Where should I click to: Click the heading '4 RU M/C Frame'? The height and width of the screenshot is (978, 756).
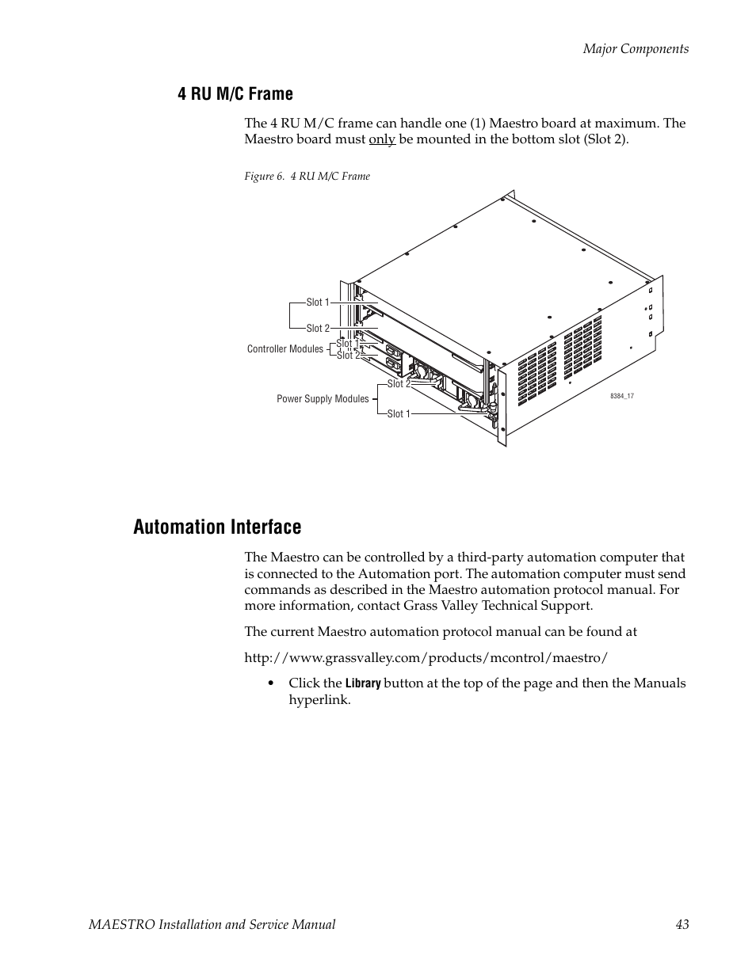[235, 94]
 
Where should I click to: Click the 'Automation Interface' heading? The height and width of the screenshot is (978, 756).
[217, 527]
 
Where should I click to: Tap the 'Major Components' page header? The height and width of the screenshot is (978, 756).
[636, 48]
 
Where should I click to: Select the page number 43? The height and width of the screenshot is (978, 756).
[682, 924]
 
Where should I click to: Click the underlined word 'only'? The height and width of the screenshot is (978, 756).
[382, 139]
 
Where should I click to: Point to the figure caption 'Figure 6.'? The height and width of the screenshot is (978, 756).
[264, 176]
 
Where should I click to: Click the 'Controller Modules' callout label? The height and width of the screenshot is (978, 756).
[285, 348]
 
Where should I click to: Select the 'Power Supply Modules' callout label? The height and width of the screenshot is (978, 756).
[323, 399]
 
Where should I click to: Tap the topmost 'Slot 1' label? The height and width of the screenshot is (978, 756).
[318, 303]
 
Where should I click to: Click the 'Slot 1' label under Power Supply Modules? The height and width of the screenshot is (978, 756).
[399, 413]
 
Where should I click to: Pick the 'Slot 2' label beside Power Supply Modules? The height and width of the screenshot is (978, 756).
[399, 384]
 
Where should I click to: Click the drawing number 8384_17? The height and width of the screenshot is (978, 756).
[621, 396]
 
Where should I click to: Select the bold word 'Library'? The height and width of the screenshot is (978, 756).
[363, 683]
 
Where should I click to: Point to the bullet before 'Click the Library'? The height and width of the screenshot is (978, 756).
[271, 683]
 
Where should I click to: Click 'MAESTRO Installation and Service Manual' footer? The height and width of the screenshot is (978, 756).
[212, 924]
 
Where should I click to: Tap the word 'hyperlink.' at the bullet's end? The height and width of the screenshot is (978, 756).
[319, 700]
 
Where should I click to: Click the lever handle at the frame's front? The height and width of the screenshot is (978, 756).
[475, 409]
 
